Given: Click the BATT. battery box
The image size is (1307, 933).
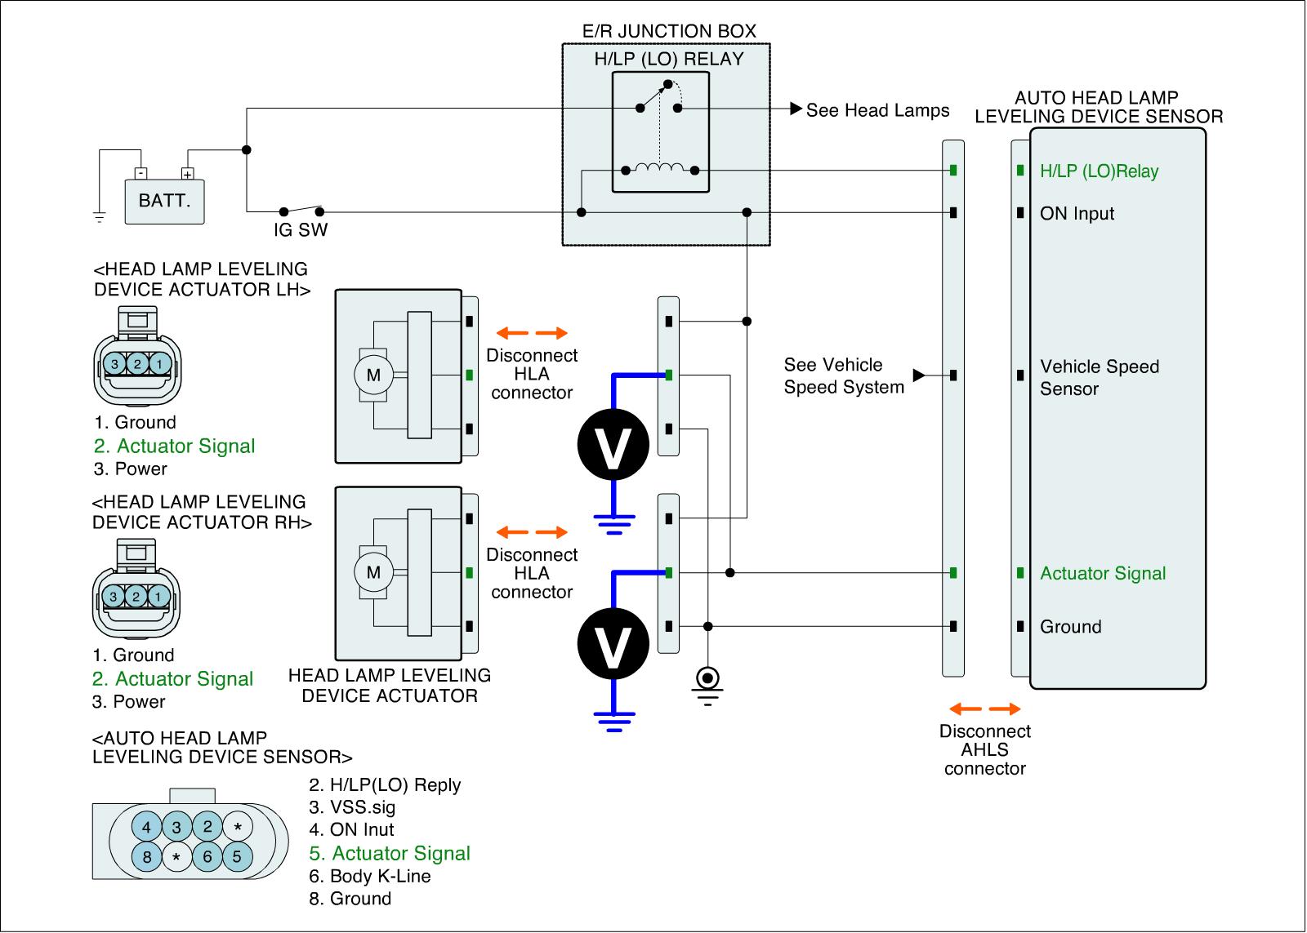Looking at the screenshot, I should click(164, 201).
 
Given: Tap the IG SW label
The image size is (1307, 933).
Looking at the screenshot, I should click(301, 230).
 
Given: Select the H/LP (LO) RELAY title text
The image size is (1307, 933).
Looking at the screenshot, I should click(668, 59).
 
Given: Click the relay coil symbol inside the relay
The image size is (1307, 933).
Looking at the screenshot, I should click(660, 169).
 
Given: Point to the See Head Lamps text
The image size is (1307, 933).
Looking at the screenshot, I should click(877, 110).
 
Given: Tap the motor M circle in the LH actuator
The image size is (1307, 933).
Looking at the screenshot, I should click(373, 375).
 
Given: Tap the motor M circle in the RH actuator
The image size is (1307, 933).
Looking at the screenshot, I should click(373, 572).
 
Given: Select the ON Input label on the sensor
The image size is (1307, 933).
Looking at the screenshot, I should click(1077, 214).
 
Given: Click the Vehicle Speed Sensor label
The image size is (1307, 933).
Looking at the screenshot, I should click(1099, 377).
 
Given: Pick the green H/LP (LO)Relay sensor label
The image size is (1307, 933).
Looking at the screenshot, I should click(1099, 171).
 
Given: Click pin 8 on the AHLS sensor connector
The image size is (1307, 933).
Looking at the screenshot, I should click(147, 857).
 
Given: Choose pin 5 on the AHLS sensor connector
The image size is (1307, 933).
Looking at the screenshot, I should click(237, 857).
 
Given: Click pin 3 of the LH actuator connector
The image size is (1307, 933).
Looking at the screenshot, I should click(115, 364).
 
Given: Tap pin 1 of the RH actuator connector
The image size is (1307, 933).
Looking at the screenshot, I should click(158, 597).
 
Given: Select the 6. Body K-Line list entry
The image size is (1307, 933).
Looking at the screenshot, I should click(380, 877).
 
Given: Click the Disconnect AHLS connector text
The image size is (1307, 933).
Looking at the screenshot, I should click(985, 750).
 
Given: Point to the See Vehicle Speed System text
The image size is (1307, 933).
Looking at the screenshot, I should click(844, 376).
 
